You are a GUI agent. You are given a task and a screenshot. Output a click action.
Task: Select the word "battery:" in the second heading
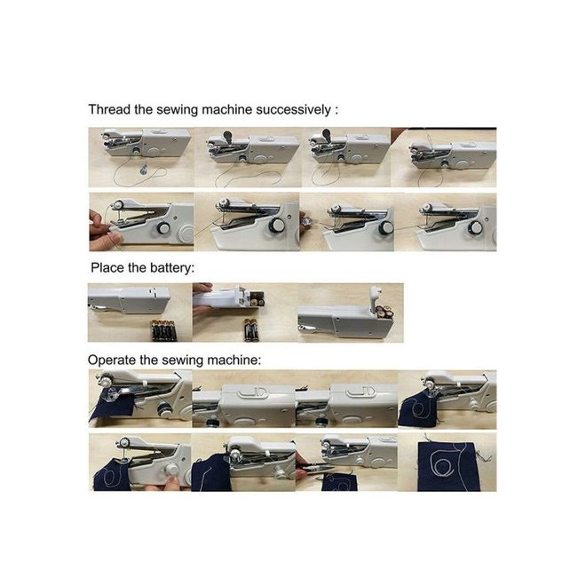click(172, 268)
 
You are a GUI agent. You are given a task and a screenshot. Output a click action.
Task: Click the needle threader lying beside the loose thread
click(142, 170)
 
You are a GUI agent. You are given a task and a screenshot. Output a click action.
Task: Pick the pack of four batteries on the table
click(163, 329)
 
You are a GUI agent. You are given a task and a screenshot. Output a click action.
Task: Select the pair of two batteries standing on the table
click(251, 330)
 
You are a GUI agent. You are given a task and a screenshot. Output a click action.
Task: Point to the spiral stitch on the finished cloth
click(442, 464)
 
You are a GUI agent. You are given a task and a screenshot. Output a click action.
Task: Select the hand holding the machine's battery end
click(202, 289)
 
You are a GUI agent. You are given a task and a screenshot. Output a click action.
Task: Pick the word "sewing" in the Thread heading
click(178, 110)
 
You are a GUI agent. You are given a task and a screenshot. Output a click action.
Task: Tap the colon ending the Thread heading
click(337, 111)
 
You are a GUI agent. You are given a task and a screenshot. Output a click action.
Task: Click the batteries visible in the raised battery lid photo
click(385, 312)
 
